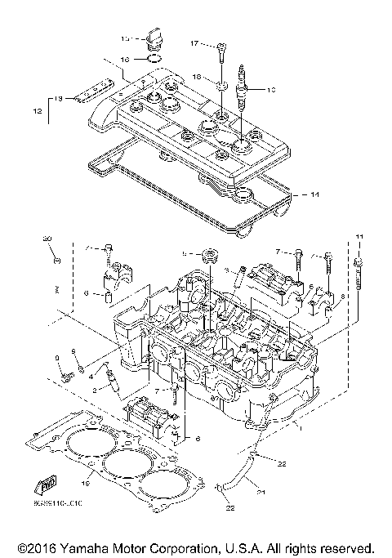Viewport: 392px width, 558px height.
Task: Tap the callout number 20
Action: tap(47, 239)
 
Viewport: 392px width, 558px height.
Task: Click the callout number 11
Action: tap(357, 237)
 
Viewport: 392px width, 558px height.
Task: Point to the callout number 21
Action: tap(262, 493)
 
